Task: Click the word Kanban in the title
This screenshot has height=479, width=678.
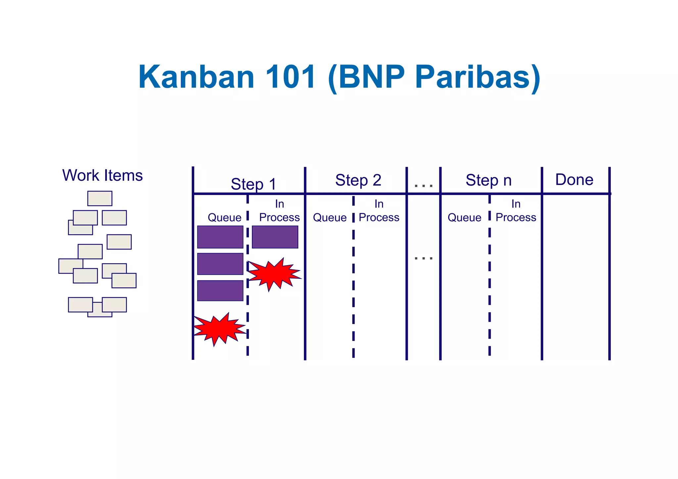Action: pos(196,77)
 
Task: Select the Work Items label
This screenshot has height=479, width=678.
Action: pos(102,175)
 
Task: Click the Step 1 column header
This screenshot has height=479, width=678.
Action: pos(254,184)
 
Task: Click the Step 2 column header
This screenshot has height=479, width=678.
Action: pos(358,180)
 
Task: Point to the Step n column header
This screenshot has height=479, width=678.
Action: pos(489,180)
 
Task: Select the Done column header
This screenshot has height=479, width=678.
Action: pos(574,180)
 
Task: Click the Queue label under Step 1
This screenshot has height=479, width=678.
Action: pos(224,217)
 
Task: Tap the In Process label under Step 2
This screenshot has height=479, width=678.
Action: pos(379,211)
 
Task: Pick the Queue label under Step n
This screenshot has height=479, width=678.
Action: pos(464,217)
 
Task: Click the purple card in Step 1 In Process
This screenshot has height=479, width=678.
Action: pos(275,237)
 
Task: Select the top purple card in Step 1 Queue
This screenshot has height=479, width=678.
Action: pos(220,237)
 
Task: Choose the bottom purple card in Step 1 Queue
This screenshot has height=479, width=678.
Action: pos(220,291)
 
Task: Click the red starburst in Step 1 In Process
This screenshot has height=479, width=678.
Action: pos(274,274)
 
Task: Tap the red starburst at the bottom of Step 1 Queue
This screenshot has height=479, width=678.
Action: pos(219,329)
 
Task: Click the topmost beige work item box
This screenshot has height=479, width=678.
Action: pos(100,198)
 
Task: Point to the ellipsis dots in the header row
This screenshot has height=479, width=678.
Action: pos(423,186)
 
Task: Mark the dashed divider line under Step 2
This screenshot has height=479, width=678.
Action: pos(353,281)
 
